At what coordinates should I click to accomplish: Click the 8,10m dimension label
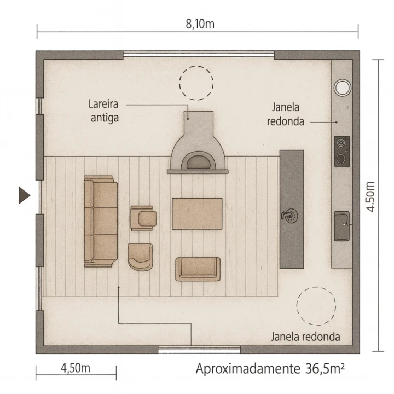pos(200,24)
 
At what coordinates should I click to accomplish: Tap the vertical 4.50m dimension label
pos(370,197)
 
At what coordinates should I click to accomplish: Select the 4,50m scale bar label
pos(76,368)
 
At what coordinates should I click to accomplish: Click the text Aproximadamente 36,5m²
pos(270,369)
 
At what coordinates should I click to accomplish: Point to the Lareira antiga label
pos(103,111)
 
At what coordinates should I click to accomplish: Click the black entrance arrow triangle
pos(25,195)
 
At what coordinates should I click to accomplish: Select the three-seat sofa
pos(101,221)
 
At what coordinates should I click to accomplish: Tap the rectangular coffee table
pos(197,214)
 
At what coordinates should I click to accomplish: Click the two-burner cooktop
pos(341,152)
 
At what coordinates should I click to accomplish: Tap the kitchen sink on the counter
pos(341,227)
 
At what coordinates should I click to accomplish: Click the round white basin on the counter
pos(342,88)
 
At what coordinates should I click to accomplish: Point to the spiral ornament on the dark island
pos(290,216)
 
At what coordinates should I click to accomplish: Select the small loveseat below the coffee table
pos(198,269)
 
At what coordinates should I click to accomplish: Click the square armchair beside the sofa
pos(143,218)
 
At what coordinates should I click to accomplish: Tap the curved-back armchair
pos(140,257)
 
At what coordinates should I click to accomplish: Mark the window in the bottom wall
pos(199,350)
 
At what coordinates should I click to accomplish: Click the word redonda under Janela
pos(286,121)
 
